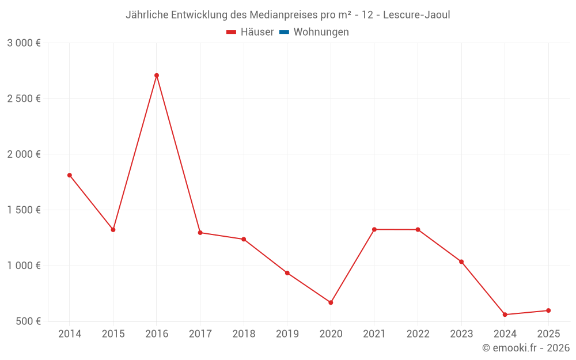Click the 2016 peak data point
pos(157,75)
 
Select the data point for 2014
pos(70,175)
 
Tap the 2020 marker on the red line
pos(331,302)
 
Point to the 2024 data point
pos(505,314)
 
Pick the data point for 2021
pos(374,229)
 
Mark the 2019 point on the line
pos(287,273)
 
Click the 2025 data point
pos(548,310)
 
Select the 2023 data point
pos(461,262)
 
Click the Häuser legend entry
pos(250,32)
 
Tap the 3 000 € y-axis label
pos(24,43)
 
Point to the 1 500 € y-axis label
pos(24,210)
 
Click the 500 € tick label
pos(28,321)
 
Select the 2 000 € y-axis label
pos(24,154)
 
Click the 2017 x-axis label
pos(200,334)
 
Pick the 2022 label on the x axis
pos(418,334)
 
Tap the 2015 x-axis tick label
pos(113,334)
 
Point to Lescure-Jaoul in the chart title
pos(414,15)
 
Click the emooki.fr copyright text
pos(526,348)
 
